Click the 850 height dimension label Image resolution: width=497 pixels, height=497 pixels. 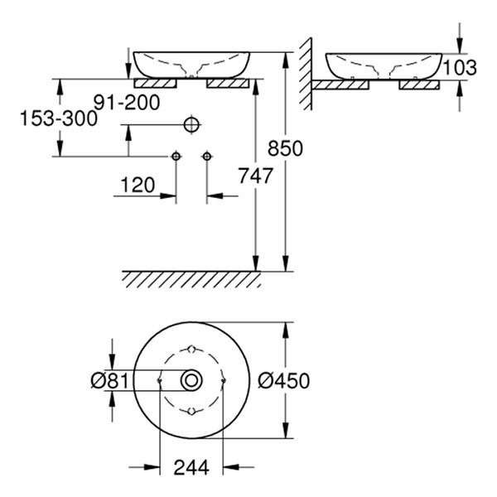pos(285,148)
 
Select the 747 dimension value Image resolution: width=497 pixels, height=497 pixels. pos(255,176)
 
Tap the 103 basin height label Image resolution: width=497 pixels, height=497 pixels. pos(460,68)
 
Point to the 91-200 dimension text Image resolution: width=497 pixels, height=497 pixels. pos(127,103)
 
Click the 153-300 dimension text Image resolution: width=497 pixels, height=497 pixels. pos(59,118)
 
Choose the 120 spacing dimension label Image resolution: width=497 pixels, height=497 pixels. pos(138,185)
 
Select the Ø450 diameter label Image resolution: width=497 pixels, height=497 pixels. pos(283,381)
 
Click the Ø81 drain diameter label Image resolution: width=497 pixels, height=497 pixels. pos(109,380)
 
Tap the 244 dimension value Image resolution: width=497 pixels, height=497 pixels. pos(191,467)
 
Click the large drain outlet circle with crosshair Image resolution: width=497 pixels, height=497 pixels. pos(192,125)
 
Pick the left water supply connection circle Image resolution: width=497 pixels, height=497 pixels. pos(176,157)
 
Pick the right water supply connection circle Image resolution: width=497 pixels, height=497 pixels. pos(207,157)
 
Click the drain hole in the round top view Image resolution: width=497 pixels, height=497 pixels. pos(191,380)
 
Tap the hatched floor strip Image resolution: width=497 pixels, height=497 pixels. pos(191,280)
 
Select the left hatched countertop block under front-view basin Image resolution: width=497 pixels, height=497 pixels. pos(156,84)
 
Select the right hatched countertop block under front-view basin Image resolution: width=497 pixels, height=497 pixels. pos(228,84)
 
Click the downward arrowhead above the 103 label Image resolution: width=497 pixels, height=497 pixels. pos(460,46)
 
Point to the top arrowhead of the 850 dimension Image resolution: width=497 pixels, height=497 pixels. pos(286,60)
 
